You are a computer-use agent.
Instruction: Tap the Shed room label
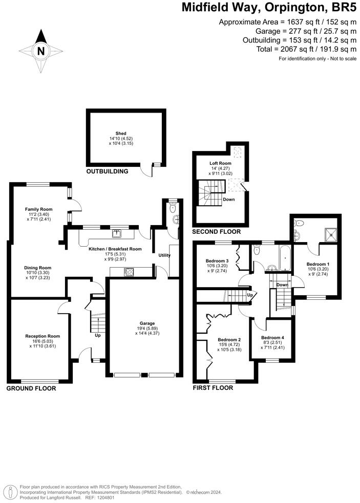(x=121, y=133)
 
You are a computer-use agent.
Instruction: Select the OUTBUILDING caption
(x=107, y=171)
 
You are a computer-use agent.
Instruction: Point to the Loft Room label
(x=221, y=164)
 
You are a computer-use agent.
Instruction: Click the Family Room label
(x=39, y=209)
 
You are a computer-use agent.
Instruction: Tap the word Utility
(x=164, y=255)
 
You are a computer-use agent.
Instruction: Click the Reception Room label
(x=43, y=336)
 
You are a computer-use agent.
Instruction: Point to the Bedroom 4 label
(x=271, y=338)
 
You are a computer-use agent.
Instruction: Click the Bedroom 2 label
(x=229, y=340)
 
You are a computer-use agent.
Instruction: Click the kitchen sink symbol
(x=117, y=234)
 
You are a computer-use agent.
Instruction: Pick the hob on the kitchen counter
(x=127, y=272)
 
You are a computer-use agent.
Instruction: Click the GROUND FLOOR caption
(x=31, y=389)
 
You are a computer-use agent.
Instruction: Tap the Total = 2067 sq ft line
(x=306, y=49)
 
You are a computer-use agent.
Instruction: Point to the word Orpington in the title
(x=277, y=8)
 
